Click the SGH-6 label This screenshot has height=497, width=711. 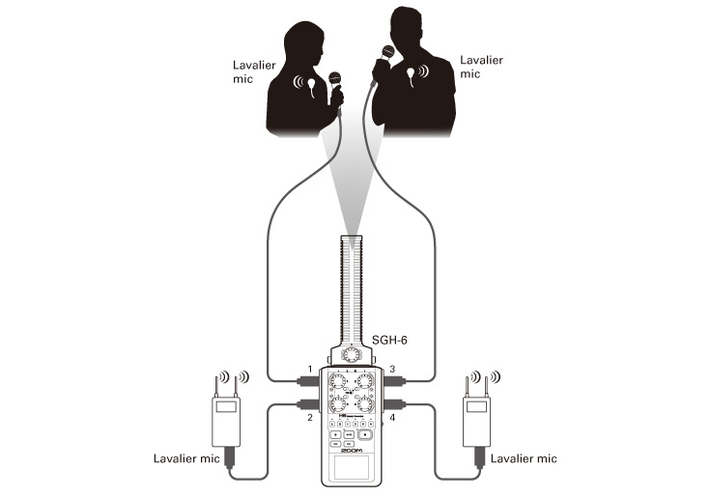click(389, 340)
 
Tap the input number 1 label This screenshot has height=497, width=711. click(310, 370)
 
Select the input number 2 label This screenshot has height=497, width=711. click(310, 417)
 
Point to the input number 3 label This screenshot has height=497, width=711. click(392, 370)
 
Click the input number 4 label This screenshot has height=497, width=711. click(392, 417)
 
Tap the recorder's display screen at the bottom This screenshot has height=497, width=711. click(352, 467)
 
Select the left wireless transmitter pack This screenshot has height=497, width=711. click(226, 422)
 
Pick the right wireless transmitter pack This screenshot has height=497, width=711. click(477, 422)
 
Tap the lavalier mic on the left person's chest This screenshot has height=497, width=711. click(311, 86)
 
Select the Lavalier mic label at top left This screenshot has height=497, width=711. click(254, 71)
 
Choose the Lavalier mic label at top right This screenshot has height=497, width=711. click(481, 67)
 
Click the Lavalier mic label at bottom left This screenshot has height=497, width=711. click(186, 458)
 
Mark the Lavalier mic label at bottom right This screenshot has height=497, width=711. click(524, 458)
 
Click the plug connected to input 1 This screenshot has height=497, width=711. click(308, 381)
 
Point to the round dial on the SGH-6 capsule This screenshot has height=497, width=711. click(351, 354)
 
